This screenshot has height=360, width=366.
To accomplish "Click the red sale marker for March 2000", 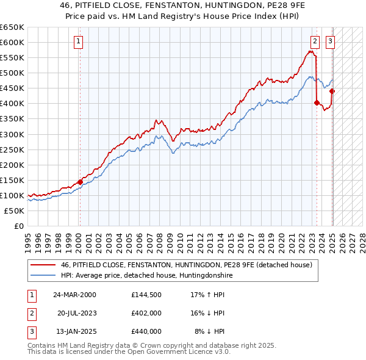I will (x=80, y=182).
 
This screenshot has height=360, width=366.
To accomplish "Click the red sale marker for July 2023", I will (x=317, y=103).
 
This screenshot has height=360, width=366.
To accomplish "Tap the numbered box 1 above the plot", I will (x=79, y=41).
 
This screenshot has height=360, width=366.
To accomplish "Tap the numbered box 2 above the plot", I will (x=315, y=41).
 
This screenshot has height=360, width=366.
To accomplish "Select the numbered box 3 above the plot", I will (x=330, y=41).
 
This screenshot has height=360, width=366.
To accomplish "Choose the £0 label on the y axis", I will (x=19, y=226).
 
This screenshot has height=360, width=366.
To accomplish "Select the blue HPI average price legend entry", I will (x=146, y=276).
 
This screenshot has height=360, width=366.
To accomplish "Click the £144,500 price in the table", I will (x=146, y=294).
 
